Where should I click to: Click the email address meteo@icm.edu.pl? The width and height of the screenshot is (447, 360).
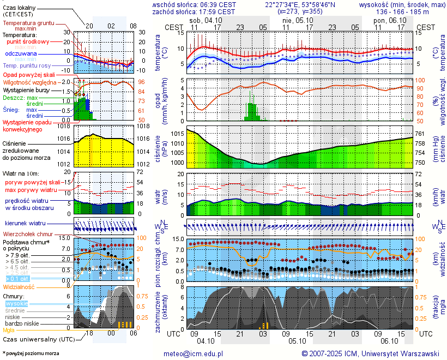click(194, 353)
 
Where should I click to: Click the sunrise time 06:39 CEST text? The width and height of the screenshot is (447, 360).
click(219, 4)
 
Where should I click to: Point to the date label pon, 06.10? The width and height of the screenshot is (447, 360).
click(386, 20)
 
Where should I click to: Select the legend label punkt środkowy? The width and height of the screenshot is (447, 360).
click(28, 41)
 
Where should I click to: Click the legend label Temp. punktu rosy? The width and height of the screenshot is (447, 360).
click(28, 65)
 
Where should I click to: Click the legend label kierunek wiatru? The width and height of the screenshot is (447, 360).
click(25, 224)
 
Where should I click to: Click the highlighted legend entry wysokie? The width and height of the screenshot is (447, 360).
click(16, 303)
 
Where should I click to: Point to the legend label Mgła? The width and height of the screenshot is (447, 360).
click(9, 330)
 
